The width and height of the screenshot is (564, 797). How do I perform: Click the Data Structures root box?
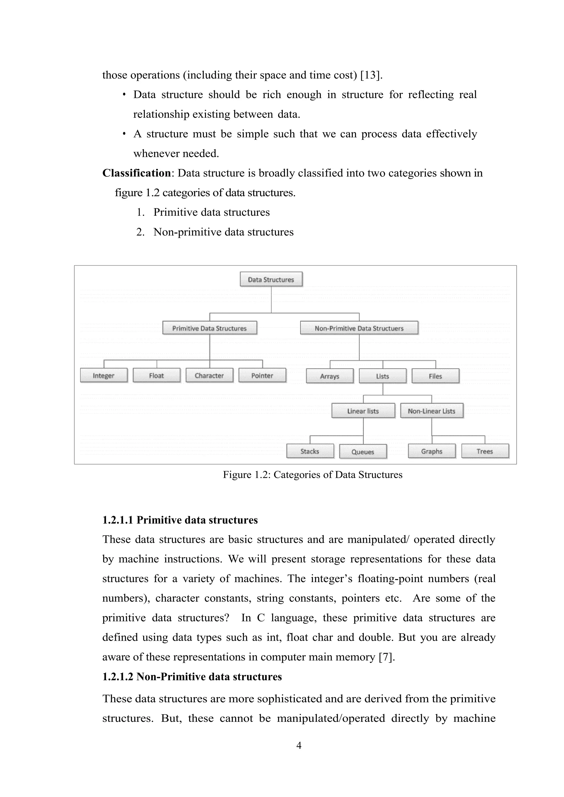point(271,279)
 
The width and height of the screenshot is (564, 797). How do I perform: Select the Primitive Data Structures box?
point(209,328)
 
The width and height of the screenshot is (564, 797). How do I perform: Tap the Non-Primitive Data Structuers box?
point(359,328)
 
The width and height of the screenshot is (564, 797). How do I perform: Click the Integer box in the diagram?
point(104,376)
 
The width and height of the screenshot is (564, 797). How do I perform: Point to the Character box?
point(209,376)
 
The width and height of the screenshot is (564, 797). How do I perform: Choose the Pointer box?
point(262,376)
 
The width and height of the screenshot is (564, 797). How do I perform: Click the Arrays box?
point(330,376)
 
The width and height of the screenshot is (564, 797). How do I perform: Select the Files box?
point(435,376)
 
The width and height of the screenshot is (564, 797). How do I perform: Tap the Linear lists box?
point(363,411)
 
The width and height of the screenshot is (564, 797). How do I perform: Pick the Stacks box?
point(310,451)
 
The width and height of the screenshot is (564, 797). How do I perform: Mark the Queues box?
point(363,452)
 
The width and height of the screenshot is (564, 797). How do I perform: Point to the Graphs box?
point(432,451)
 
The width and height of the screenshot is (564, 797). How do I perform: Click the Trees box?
point(485,451)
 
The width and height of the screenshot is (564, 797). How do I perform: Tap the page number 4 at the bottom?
point(299,745)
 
